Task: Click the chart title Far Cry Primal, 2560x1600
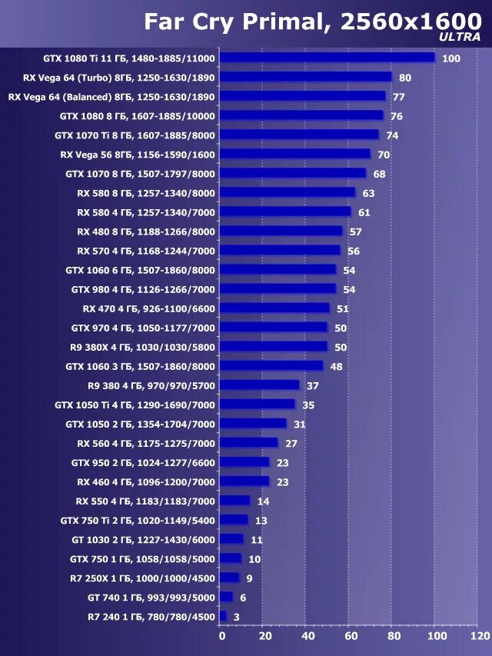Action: [x=311, y=22]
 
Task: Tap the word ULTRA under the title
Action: [x=460, y=37]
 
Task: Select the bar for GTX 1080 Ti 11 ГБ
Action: [x=327, y=58]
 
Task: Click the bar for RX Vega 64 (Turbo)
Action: [x=305, y=77]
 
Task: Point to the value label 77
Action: [x=398, y=97]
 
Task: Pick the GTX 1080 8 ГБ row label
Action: [x=138, y=115]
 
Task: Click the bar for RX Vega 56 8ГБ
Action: [x=294, y=154]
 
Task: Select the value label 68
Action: [x=379, y=174]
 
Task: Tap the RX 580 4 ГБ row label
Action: [x=146, y=211]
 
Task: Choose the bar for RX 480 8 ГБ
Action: [x=281, y=231]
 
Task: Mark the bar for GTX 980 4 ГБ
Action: [x=278, y=289]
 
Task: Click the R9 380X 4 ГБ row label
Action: [x=142, y=347]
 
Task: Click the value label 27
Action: [x=291, y=443]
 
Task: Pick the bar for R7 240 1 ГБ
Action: [x=223, y=616]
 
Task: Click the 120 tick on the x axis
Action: [x=479, y=637]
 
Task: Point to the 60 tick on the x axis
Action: [x=351, y=637]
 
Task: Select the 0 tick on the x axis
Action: [x=221, y=637]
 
